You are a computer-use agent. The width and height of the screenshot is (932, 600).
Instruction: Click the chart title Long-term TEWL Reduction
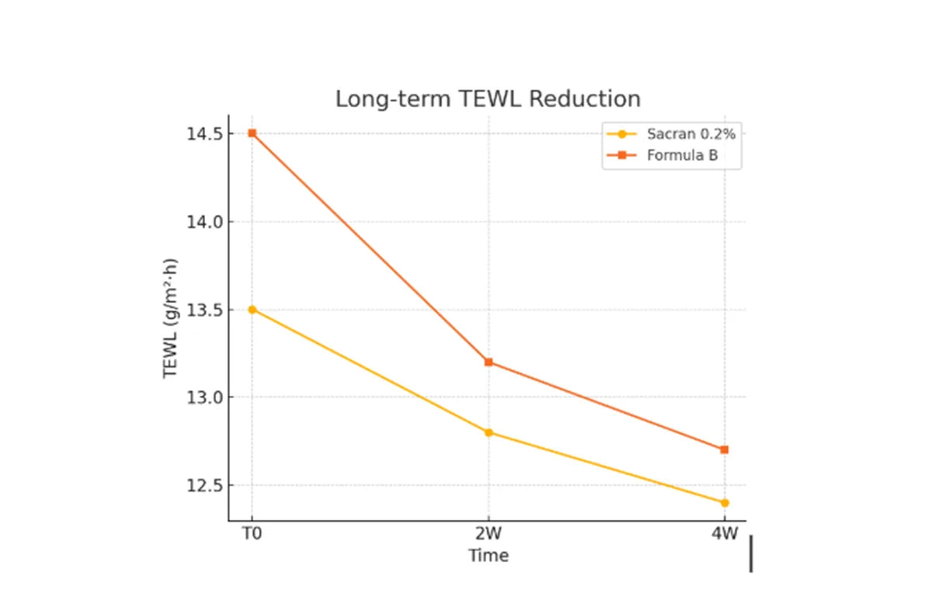[x=488, y=99]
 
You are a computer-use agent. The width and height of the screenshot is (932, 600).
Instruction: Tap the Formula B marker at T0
[x=252, y=134]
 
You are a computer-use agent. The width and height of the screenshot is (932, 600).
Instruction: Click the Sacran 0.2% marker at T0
[x=252, y=309]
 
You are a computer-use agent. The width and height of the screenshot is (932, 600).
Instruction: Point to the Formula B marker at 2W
[x=488, y=362]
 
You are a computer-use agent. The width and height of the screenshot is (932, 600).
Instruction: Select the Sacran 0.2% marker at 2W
[x=488, y=432]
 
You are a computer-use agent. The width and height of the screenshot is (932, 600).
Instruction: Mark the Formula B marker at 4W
[x=724, y=449]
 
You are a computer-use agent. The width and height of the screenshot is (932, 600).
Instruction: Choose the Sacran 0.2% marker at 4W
[x=724, y=502]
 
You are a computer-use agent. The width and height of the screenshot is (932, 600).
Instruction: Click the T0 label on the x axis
[x=252, y=536]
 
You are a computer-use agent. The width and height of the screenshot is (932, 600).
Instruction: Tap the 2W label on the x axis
[x=488, y=536]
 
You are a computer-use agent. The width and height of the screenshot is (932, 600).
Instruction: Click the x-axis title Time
[x=488, y=556]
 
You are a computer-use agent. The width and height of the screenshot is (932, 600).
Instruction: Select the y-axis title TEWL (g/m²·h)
[x=170, y=317]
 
